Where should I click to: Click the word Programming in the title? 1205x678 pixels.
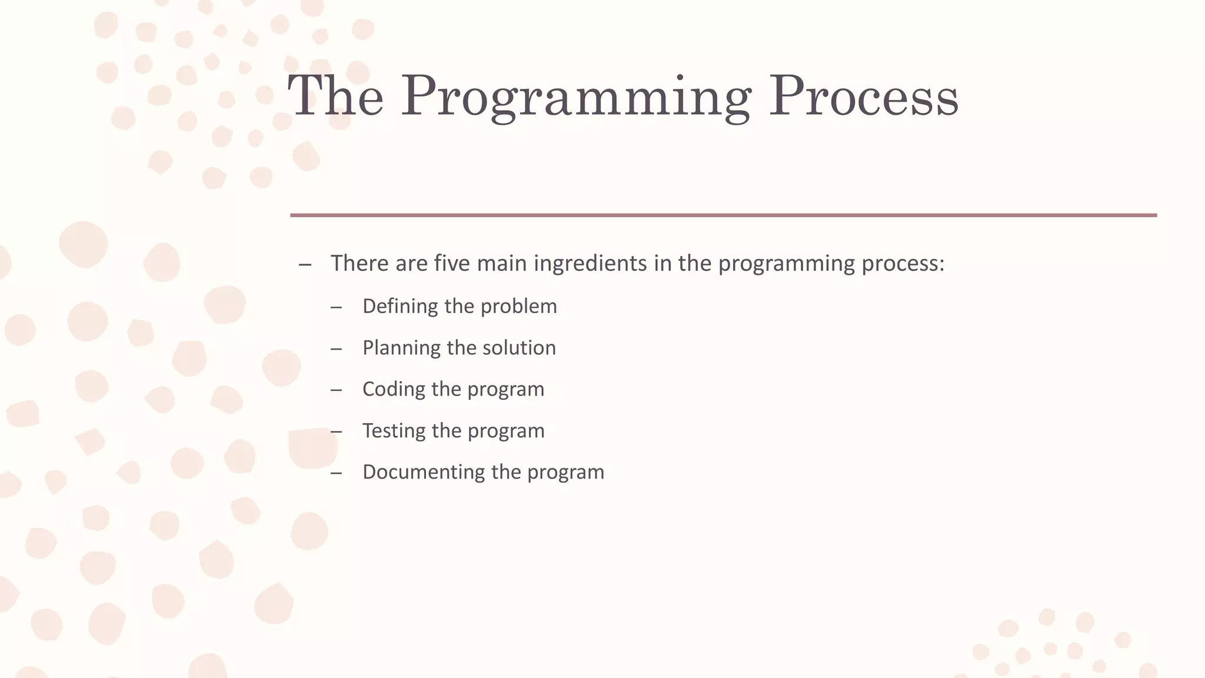[575, 97]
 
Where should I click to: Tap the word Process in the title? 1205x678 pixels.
[864, 97]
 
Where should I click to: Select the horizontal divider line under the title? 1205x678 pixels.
[723, 215]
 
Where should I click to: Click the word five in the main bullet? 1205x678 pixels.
[452, 263]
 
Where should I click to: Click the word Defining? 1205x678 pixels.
[400, 306]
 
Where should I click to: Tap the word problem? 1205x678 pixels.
[518, 307]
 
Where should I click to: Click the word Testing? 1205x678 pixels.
[394, 431]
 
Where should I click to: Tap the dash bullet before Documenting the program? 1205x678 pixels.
[336, 473]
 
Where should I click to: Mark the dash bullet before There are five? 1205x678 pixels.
[305, 264]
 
